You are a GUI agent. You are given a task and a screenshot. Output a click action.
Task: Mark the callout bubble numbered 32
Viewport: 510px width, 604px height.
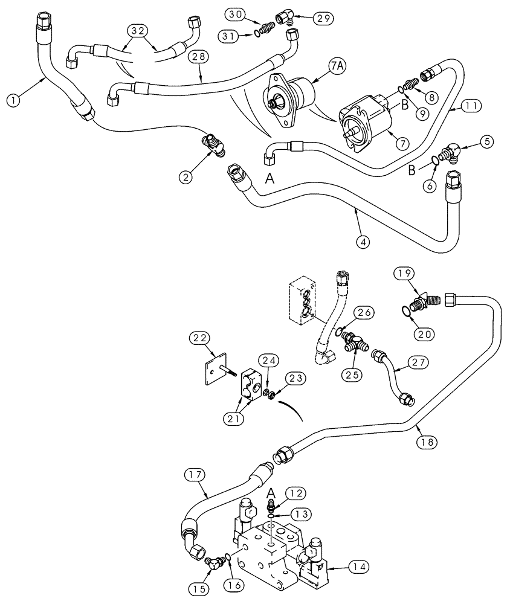tap(137, 30)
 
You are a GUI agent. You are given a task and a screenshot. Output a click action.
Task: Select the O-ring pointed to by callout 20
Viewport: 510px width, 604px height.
tap(408, 310)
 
